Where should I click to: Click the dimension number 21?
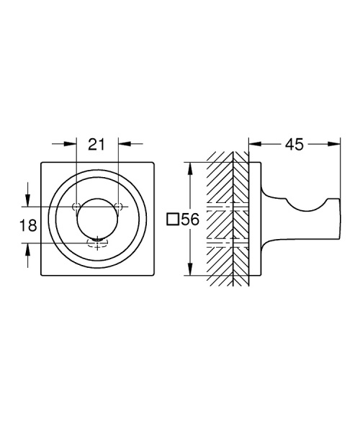tap(96, 145)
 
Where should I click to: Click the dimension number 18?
tap(28, 225)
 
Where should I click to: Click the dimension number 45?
tap(294, 145)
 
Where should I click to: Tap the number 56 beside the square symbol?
tap(190, 220)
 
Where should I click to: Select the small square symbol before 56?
tap(172, 220)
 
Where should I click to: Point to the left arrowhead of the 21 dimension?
tap(70, 143)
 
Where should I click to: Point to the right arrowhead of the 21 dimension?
tap(125, 143)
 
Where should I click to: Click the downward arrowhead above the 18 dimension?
tap(27, 200)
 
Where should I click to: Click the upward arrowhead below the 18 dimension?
tap(27, 249)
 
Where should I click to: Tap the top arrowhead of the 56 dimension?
tap(190, 168)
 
